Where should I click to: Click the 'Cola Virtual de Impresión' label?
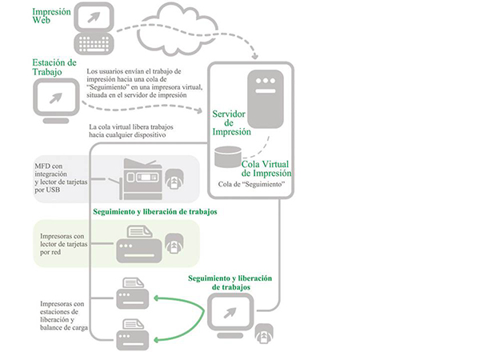(266, 168)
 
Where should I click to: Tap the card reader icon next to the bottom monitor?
(262, 336)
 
